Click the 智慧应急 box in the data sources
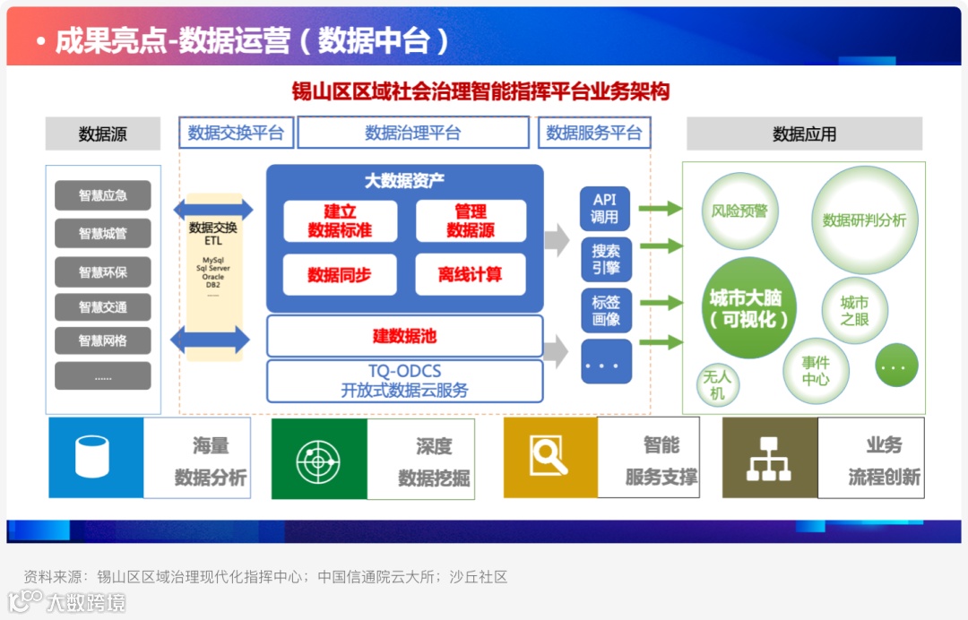(103, 195)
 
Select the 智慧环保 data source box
(103, 271)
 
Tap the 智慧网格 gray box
(103, 341)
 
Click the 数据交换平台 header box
(236, 133)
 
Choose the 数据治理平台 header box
(413, 133)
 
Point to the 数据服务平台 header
(594, 133)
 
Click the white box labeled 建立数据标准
(340, 221)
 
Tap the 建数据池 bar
(405, 337)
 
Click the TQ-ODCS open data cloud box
(405, 381)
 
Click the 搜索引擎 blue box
(605, 259)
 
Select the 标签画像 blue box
(605, 310)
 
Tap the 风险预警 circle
(739, 211)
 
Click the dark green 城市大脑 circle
(748, 307)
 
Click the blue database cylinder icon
(96, 457)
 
